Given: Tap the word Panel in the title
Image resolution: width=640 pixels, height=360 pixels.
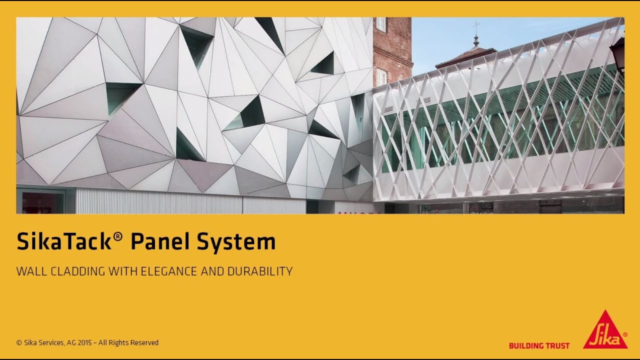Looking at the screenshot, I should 159,242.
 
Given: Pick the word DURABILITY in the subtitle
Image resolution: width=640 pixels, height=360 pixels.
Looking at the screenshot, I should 260,271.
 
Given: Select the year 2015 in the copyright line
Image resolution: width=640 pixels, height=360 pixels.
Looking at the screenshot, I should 85,343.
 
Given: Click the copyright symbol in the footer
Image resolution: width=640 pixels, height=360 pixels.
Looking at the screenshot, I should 19,343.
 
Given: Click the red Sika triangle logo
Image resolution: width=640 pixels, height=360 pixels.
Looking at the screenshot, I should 605,331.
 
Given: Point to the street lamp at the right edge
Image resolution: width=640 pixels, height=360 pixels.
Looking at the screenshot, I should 617,52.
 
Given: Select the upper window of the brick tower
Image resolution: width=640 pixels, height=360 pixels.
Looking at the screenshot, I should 381,23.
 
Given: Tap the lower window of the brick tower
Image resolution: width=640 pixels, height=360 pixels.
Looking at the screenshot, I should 381,76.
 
